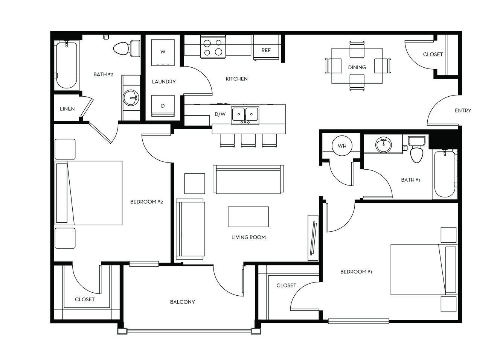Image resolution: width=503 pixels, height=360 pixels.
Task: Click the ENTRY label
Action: pos(463,110)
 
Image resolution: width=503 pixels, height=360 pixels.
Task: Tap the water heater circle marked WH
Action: pos(342,146)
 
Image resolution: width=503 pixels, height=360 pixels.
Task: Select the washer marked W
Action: pos(163,53)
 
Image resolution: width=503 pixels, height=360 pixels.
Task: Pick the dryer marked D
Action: pos(163,106)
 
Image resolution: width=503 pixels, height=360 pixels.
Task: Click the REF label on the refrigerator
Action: pos(266,50)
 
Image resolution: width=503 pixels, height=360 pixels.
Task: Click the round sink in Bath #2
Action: pos(131,97)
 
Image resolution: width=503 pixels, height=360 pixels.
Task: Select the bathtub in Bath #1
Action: pos(445,174)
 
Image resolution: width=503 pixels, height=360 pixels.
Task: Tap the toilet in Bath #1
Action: pos(416,149)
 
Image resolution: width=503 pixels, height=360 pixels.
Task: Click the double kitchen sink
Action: pos(245,115)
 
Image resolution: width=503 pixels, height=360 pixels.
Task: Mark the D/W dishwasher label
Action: pos(220,114)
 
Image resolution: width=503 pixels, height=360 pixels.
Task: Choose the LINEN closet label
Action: pos(67,109)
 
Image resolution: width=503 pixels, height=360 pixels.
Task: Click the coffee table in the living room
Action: pos(248,217)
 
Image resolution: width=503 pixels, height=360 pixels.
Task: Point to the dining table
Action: pos(357,66)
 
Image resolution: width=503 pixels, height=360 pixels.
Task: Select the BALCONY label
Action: pos(182,302)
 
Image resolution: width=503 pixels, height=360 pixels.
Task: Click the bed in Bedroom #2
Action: pos(88,193)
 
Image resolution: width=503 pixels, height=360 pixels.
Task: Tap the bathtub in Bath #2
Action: pos(67,65)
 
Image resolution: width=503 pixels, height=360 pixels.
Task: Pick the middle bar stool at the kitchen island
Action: pos(248,140)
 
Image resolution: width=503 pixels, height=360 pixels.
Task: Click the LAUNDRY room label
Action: pos(164,82)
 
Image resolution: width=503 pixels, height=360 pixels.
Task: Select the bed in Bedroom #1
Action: pos(424,269)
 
